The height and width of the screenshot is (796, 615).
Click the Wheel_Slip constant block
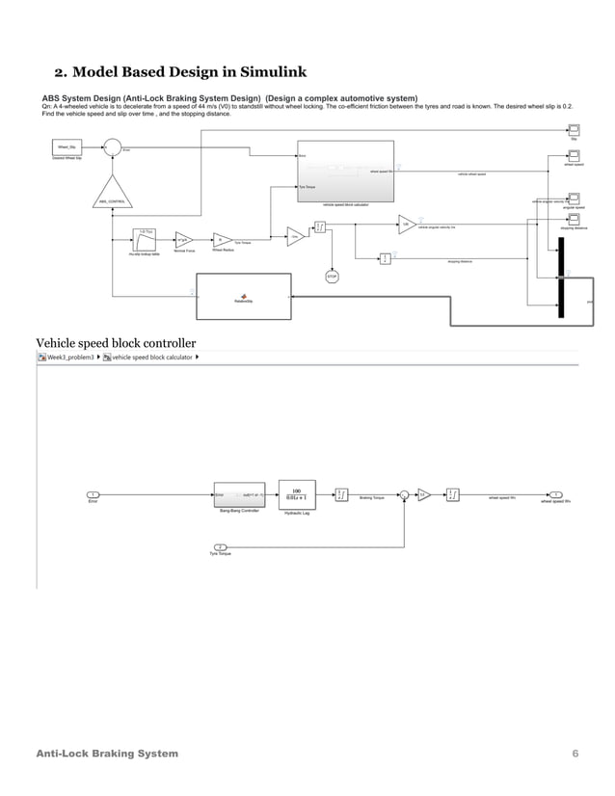pyautogui.click(x=67, y=146)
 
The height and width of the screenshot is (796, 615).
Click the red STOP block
pyautogui.click(x=331, y=275)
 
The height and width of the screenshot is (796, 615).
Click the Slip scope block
pyautogui.click(x=572, y=129)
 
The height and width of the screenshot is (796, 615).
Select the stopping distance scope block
pyautogui.click(x=572, y=220)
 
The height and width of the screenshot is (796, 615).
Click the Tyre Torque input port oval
pyautogui.click(x=220, y=546)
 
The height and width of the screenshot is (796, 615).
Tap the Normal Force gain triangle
pyautogui.click(x=183, y=239)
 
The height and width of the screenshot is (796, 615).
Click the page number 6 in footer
pyautogui.click(x=575, y=752)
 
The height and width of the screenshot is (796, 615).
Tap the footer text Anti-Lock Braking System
pyautogui.click(x=106, y=752)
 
